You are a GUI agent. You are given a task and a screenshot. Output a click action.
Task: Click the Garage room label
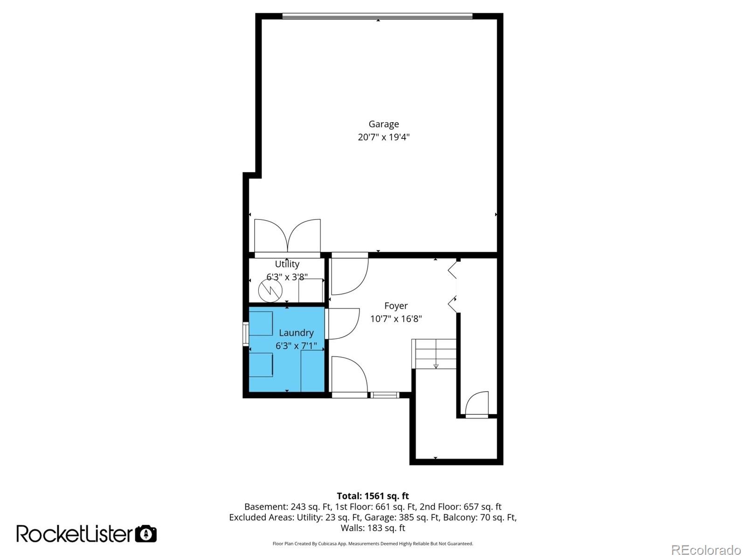[x=383, y=124]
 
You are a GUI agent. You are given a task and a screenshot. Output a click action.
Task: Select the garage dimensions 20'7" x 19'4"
[x=383, y=137]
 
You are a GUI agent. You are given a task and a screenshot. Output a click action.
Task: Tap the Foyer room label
[x=396, y=306]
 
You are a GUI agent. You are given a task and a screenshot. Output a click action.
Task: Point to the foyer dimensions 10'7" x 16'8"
[x=396, y=319]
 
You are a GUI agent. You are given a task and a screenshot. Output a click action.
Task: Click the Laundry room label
[x=296, y=333]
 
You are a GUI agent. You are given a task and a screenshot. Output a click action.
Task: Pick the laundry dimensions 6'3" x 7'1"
[x=296, y=346]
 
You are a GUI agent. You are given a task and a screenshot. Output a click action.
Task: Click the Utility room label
[x=287, y=264]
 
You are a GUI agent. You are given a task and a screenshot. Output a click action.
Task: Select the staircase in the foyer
[x=434, y=354]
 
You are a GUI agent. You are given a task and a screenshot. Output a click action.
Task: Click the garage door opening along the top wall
[x=377, y=16]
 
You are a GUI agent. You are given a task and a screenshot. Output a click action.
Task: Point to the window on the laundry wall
[x=245, y=333]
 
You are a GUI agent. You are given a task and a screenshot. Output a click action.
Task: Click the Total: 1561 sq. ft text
[x=373, y=496]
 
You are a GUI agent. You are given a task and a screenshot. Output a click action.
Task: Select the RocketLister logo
[x=75, y=534]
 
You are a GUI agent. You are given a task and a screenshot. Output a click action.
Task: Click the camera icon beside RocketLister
[x=146, y=534]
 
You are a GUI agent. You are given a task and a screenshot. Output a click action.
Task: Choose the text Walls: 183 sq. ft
[x=373, y=528]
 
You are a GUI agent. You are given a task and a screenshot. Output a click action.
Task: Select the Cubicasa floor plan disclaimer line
[x=373, y=544]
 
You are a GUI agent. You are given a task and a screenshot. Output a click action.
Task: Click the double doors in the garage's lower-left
[x=287, y=236]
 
